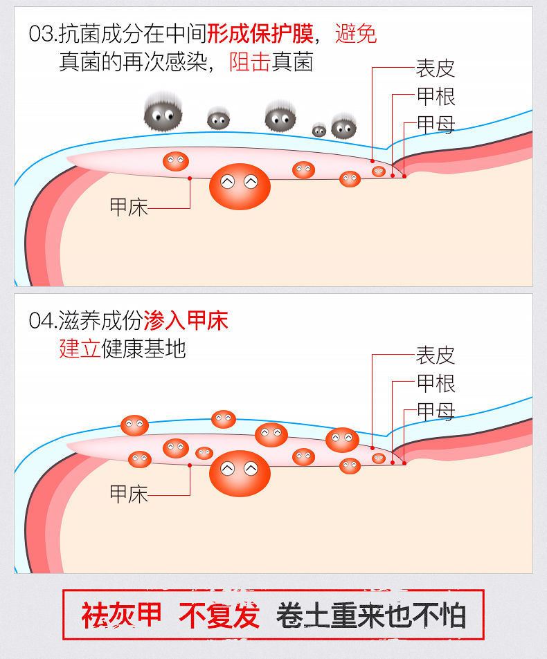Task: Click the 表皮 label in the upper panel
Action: click(x=435, y=68)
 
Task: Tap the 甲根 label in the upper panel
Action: click(x=435, y=96)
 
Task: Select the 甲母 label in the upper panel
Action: click(x=435, y=124)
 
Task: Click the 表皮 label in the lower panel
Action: click(x=435, y=355)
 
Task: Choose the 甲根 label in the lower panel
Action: click(x=435, y=383)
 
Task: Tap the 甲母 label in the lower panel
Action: click(x=435, y=411)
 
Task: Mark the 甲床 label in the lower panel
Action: click(x=129, y=494)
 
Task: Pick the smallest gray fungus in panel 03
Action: click(x=319, y=129)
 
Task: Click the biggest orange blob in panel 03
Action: click(x=239, y=186)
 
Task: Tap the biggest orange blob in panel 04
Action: click(x=239, y=473)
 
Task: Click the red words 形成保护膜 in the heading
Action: click(x=260, y=33)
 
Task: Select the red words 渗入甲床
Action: click(x=186, y=320)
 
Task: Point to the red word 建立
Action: click(x=80, y=349)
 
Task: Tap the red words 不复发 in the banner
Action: click(x=219, y=615)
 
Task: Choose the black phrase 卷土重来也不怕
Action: click(x=371, y=615)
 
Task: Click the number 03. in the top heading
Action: click(x=43, y=34)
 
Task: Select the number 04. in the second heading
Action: click(x=43, y=321)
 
